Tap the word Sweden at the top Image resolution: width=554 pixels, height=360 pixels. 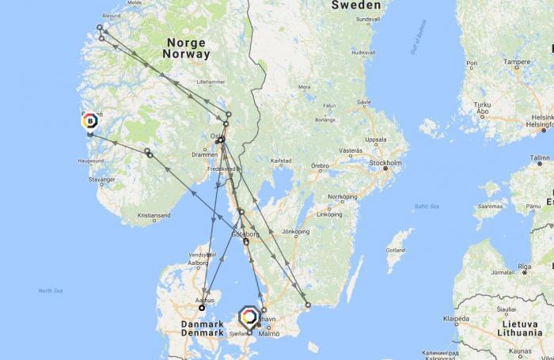tap(355, 6)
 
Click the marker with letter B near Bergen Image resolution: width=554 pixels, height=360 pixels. tap(89, 121)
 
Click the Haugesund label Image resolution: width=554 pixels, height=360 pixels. tap(91, 161)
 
